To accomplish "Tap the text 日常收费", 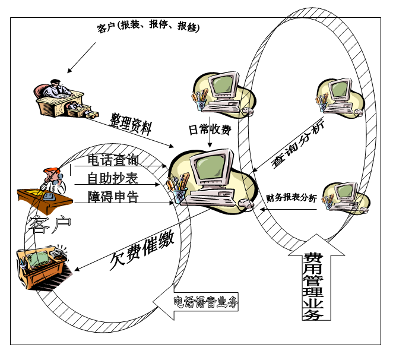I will tap(210, 129).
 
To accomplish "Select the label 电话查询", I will tap(113, 160).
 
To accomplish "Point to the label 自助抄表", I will tap(113, 178).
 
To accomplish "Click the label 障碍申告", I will tap(113, 197).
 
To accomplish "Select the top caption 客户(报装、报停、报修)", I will tap(148, 27).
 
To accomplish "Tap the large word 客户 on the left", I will tap(50, 224).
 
